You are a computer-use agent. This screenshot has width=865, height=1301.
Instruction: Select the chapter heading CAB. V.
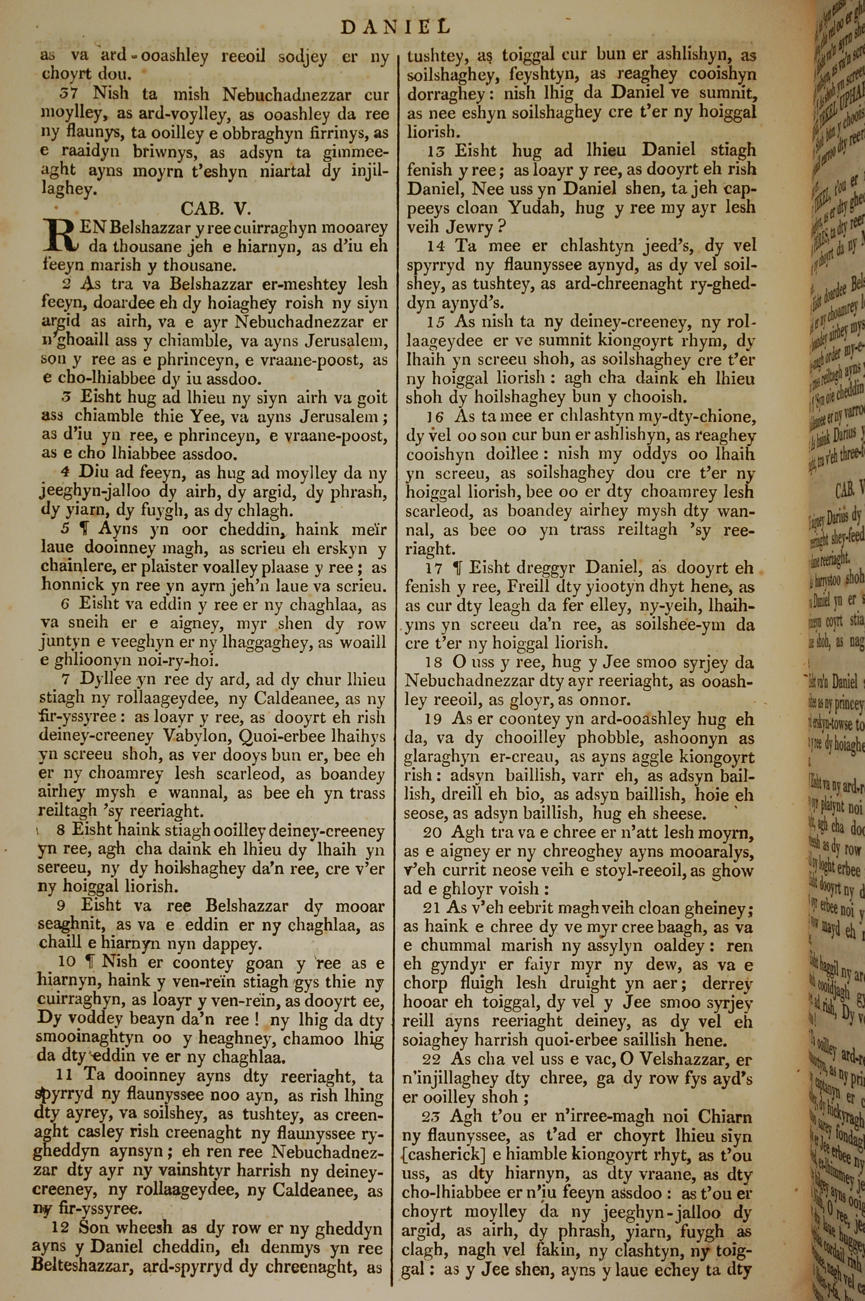(216, 208)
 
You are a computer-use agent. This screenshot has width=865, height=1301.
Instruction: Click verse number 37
(70, 94)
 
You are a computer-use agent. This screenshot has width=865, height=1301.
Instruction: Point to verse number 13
(437, 151)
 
